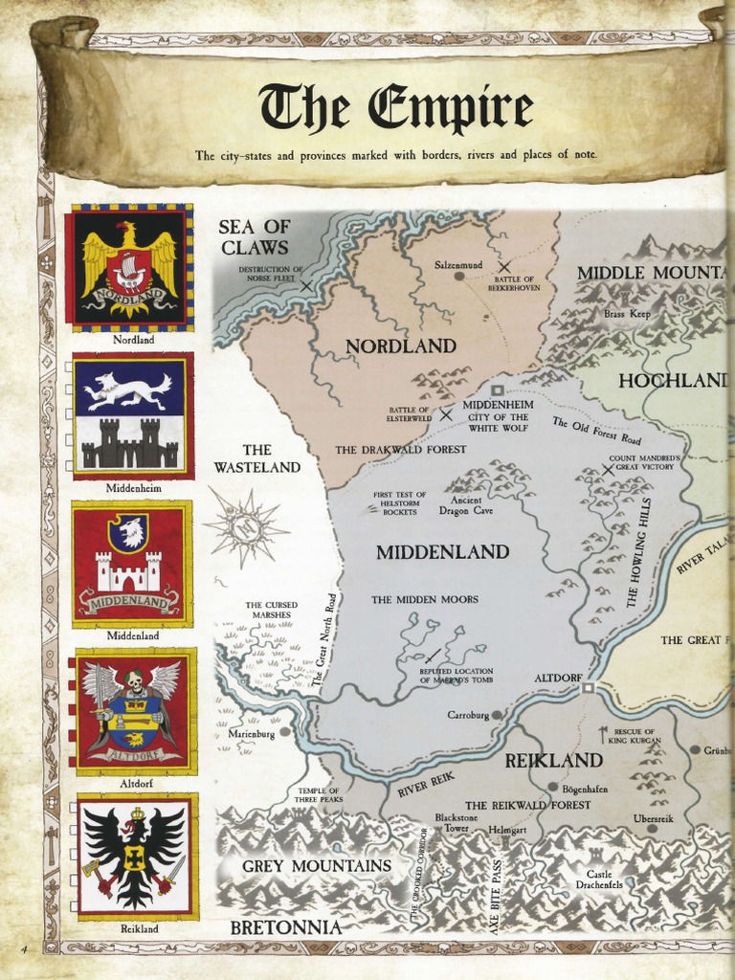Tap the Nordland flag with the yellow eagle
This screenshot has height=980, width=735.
129,267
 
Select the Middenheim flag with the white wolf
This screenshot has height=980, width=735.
133,415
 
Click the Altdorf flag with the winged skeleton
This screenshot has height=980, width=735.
135,710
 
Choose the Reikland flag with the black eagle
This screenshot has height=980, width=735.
137,856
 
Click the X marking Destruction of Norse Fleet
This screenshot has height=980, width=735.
306,285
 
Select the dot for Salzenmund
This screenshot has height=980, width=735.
458,276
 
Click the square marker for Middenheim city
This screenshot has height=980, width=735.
497,390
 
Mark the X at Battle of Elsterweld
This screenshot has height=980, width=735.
446,415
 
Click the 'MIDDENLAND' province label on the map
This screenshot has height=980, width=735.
442,552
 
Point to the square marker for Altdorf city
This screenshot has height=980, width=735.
589,686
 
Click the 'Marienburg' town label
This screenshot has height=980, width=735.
252,733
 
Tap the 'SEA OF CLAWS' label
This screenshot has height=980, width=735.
254,236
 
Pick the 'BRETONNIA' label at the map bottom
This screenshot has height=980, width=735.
285,927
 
